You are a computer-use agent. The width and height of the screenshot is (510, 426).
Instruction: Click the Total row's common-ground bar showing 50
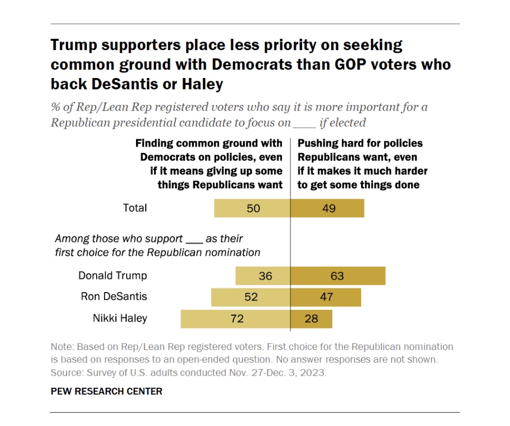[252, 208]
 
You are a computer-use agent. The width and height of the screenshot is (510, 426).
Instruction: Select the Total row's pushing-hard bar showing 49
[327, 208]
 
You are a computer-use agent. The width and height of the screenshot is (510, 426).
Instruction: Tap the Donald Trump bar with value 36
[263, 276]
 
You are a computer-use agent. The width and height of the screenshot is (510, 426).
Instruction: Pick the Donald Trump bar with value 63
[338, 276]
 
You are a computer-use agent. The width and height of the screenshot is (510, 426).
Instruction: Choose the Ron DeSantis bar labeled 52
[251, 297]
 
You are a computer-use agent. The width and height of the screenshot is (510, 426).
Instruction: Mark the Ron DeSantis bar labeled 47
[325, 297]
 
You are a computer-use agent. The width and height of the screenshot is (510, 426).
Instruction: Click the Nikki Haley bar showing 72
[235, 318]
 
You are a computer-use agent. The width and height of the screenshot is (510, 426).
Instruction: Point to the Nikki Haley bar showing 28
[311, 318]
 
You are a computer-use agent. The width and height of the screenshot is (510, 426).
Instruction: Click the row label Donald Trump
[112, 276]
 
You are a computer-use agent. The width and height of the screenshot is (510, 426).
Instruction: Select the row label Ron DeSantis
[114, 297]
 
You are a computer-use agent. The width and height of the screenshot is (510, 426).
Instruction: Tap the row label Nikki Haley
[119, 318]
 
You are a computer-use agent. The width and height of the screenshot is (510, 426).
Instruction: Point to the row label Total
[134, 208]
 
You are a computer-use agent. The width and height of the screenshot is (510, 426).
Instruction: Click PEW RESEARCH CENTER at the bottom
[106, 391]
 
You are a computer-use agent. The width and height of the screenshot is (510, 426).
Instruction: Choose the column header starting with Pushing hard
[363, 163]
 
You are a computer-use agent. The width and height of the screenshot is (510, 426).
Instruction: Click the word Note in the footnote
[61, 346]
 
